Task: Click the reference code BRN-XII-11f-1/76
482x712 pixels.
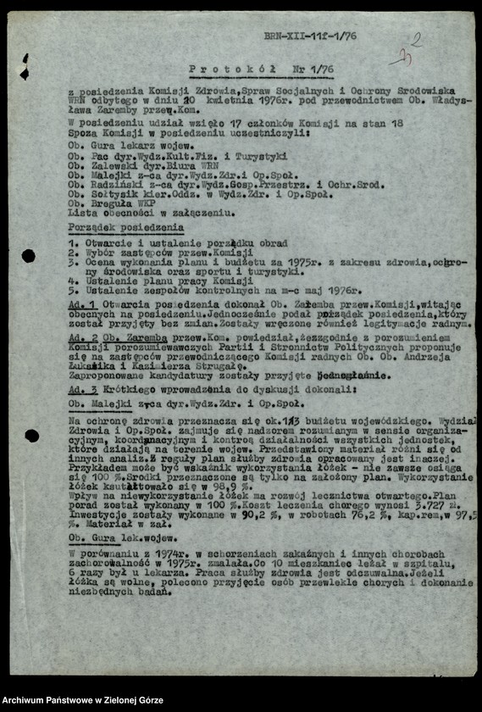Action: click(310, 36)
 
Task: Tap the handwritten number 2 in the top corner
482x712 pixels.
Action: click(415, 39)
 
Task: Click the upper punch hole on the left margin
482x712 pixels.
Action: click(28, 256)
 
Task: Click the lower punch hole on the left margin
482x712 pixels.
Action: click(31, 436)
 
